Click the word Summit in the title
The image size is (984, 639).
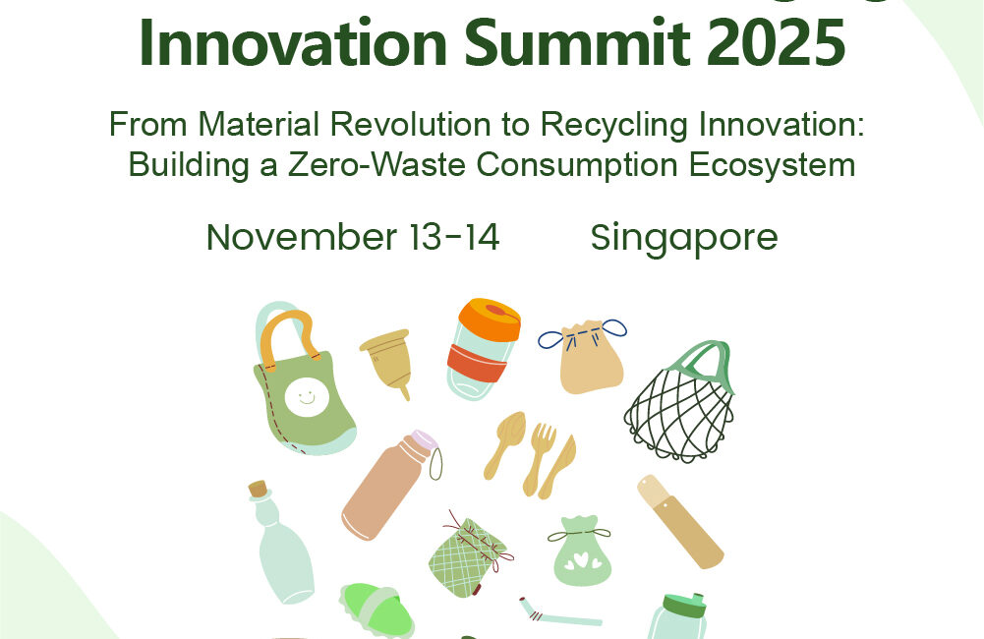pyautogui.click(x=576, y=42)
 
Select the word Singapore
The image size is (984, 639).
pyautogui.click(x=684, y=239)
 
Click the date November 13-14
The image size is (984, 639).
pyautogui.click(x=353, y=237)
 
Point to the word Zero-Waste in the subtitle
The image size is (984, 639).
pyautogui.click(x=376, y=165)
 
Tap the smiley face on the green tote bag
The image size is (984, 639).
pyautogui.click(x=307, y=397)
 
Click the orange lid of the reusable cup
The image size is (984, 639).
pyautogui.click(x=490, y=319)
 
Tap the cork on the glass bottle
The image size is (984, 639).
pyautogui.click(x=258, y=489)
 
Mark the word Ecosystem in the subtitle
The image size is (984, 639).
pyautogui.click(x=772, y=165)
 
